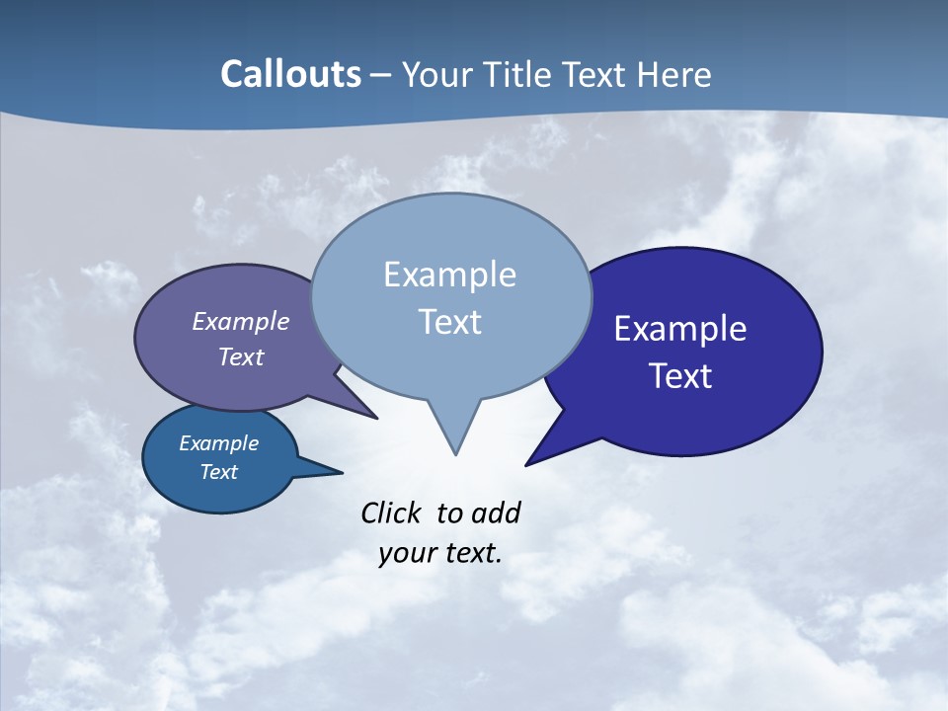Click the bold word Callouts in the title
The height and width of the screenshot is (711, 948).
(290, 74)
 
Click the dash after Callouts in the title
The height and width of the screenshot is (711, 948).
(381, 75)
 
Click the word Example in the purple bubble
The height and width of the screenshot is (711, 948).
(240, 321)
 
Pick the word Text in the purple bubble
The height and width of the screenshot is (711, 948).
(240, 356)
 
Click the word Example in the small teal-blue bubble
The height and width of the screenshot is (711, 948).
(218, 443)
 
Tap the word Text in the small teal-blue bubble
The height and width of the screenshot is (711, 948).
(218, 472)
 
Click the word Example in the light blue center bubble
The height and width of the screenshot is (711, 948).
(449, 275)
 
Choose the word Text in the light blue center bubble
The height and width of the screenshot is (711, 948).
(449, 322)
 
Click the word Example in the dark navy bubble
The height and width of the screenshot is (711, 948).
(680, 328)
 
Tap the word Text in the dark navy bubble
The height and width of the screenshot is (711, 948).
(680, 376)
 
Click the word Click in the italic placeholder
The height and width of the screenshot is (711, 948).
(393, 513)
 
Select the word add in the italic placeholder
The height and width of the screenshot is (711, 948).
(495, 513)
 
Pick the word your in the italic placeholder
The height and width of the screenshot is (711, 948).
(406, 553)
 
